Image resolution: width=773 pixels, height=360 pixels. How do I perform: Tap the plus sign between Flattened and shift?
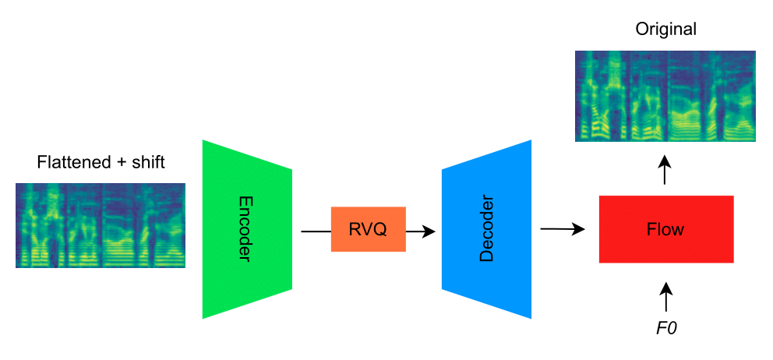point(117,164)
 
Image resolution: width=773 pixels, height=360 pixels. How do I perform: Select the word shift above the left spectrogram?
point(146,164)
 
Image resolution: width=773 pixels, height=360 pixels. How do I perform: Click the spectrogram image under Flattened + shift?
point(101,225)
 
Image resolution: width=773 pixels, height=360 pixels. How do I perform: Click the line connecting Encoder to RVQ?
point(315,231)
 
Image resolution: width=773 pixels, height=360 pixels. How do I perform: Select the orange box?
point(368,229)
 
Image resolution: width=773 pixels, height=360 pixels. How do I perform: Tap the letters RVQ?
point(368,230)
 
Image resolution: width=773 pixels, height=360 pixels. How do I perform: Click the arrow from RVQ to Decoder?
point(421,231)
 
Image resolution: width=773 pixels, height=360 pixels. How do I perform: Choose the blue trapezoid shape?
point(487,229)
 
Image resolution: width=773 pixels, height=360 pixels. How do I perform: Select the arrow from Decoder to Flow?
point(562,229)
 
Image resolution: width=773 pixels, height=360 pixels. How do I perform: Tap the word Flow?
point(665,230)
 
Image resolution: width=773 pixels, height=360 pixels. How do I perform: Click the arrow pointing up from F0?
point(665,298)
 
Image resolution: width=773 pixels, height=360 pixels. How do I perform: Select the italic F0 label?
point(665,328)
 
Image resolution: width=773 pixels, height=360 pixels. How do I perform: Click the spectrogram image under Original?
point(665,96)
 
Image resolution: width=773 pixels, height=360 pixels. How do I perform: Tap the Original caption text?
point(665,30)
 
